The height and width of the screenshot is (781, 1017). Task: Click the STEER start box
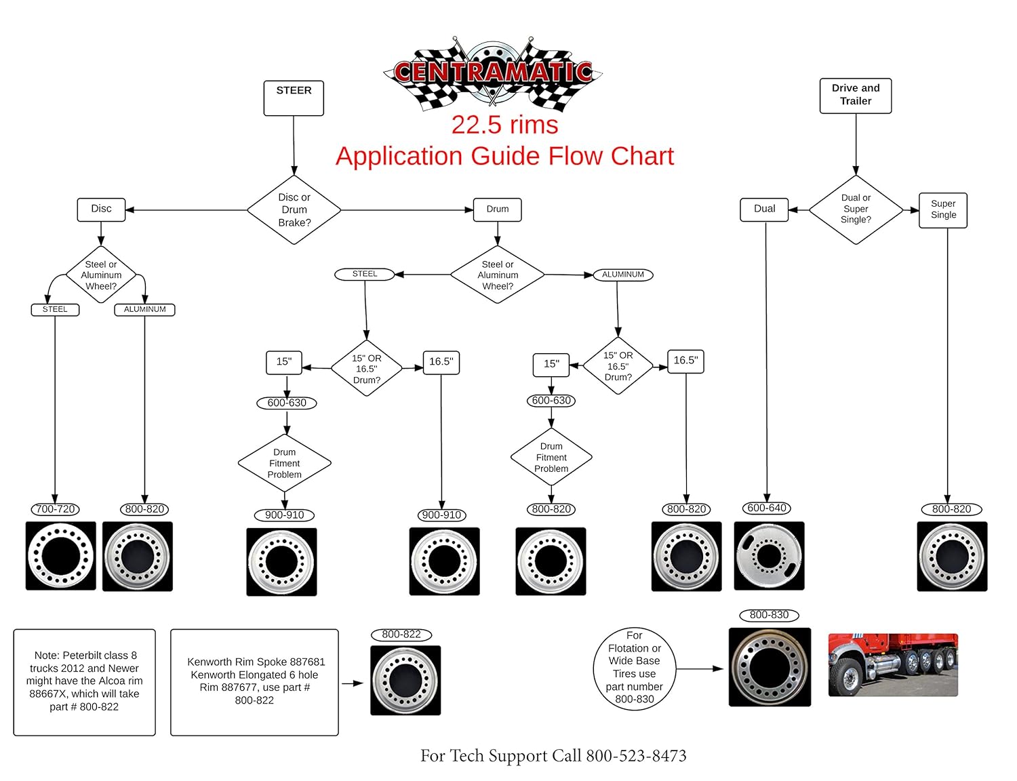[x=294, y=98]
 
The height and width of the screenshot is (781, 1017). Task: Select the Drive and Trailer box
[x=856, y=96]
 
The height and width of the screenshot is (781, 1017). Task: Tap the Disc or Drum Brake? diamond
[x=294, y=210]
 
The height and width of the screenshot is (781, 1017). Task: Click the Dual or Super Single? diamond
[x=856, y=209]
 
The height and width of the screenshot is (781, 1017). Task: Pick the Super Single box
[x=943, y=209]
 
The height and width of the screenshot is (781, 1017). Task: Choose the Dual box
[x=764, y=209]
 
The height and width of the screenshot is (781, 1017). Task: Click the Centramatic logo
[x=493, y=73]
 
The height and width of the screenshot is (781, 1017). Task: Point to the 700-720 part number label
[x=55, y=509]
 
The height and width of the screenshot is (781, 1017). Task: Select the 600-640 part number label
[x=767, y=508]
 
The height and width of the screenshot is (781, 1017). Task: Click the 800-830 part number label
[x=769, y=615]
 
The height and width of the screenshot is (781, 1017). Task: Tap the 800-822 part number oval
[x=401, y=635]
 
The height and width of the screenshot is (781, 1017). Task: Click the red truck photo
[x=893, y=665]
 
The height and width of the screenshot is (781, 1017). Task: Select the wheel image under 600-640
[x=769, y=556]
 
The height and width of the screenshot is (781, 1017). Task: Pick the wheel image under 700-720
[x=60, y=556]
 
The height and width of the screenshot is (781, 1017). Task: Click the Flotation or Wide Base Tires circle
[x=634, y=668]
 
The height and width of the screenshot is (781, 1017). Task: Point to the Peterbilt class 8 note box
[x=84, y=682]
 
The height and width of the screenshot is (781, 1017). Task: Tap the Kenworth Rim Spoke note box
[x=254, y=682]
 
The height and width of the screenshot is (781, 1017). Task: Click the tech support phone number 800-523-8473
[x=636, y=756]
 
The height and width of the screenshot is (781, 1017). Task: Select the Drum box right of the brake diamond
[x=497, y=209]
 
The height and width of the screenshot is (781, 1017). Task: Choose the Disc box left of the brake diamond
[x=101, y=209]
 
